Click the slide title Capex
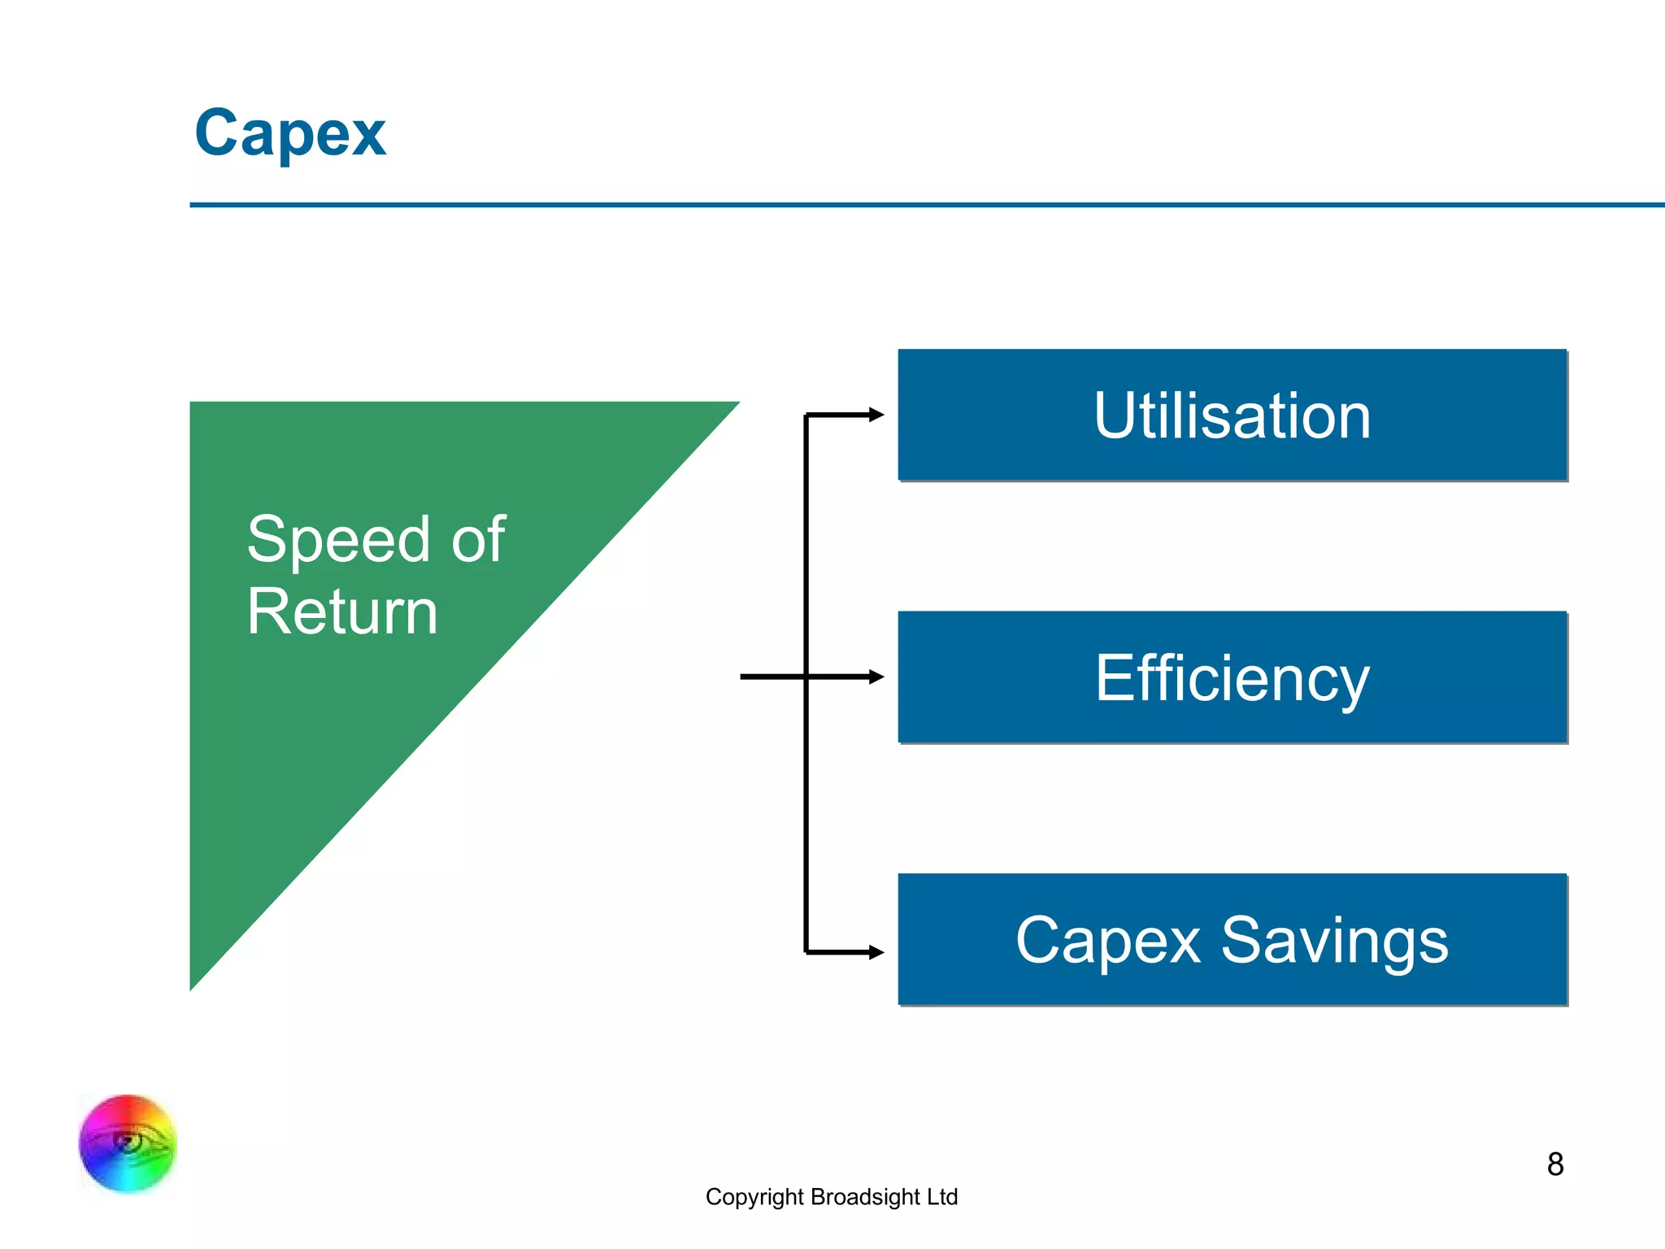[x=290, y=133]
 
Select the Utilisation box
[x=1232, y=416]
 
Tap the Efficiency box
[x=1232, y=677]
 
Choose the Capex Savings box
[x=1232, y=940]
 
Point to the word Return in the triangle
[x=342, y=611]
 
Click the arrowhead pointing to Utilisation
[x=876, y=415]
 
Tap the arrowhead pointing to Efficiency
[x=876, y=677]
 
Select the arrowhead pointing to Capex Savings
[x=876, y=952]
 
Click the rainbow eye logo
[x=128, y=1143]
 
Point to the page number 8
[x=1555, y=1164]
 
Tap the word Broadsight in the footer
[x=865, y=1197]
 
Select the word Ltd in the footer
[x=942, y=1197]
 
